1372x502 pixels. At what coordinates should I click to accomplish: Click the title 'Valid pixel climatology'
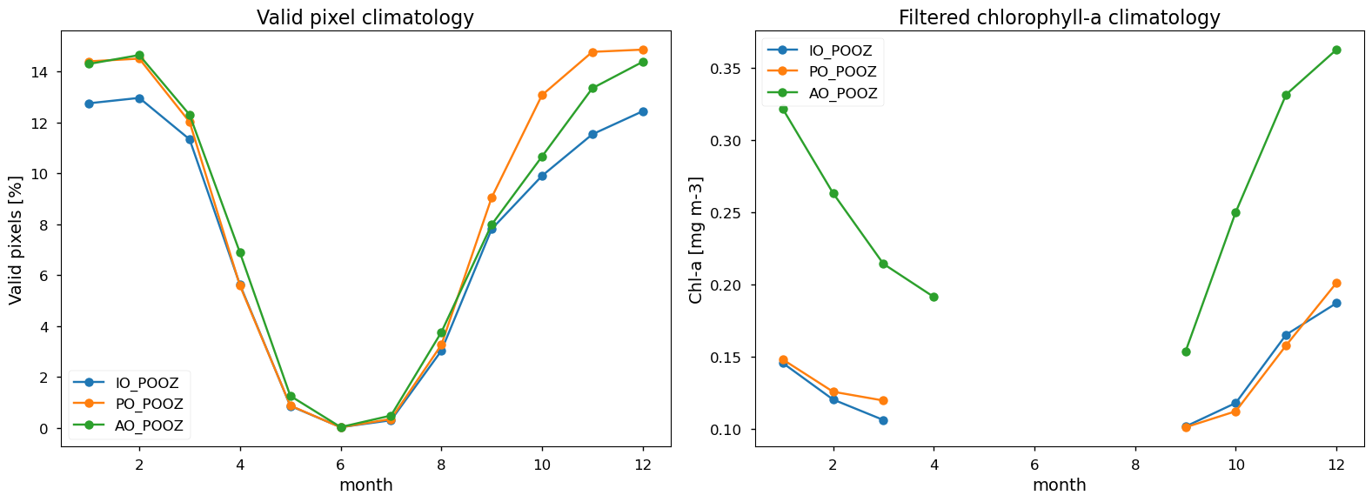tap(365, 18)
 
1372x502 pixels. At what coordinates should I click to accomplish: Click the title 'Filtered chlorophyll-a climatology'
tap(1059, 18)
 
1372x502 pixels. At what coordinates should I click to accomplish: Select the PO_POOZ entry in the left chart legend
tap(149, 405)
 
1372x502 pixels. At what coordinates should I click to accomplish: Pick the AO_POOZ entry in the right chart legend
tap(843, 93)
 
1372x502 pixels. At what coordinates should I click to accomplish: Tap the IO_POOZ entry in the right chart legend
tap(840, 51)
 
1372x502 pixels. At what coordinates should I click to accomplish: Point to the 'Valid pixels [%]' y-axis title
tap(16, 239)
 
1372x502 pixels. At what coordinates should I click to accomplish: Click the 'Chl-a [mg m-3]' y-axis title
tap(695, 239)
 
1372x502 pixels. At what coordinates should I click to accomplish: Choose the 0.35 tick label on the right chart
tap(728, 69)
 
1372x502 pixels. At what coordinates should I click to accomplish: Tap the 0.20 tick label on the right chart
tap(728, 285)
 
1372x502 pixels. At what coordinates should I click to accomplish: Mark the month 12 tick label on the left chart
tap(642, 463)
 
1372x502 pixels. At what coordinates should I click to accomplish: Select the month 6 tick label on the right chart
tap(1034, 463)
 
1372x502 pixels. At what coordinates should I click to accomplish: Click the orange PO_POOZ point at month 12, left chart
tap(642, 50)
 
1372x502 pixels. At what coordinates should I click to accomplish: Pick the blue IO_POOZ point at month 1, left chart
tap(89, 104)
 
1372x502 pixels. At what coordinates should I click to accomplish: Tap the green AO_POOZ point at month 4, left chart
tap(240, 252)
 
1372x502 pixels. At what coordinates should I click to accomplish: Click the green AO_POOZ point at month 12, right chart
tap(1336, 50)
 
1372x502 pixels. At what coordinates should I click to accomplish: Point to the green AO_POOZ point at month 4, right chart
tap(934, 297)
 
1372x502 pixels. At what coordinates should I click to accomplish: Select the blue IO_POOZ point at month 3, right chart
tap(883, 420)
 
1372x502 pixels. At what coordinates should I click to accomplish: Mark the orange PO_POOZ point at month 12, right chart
tap(1336, 283)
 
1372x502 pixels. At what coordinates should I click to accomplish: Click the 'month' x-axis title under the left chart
tap(365, 485)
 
